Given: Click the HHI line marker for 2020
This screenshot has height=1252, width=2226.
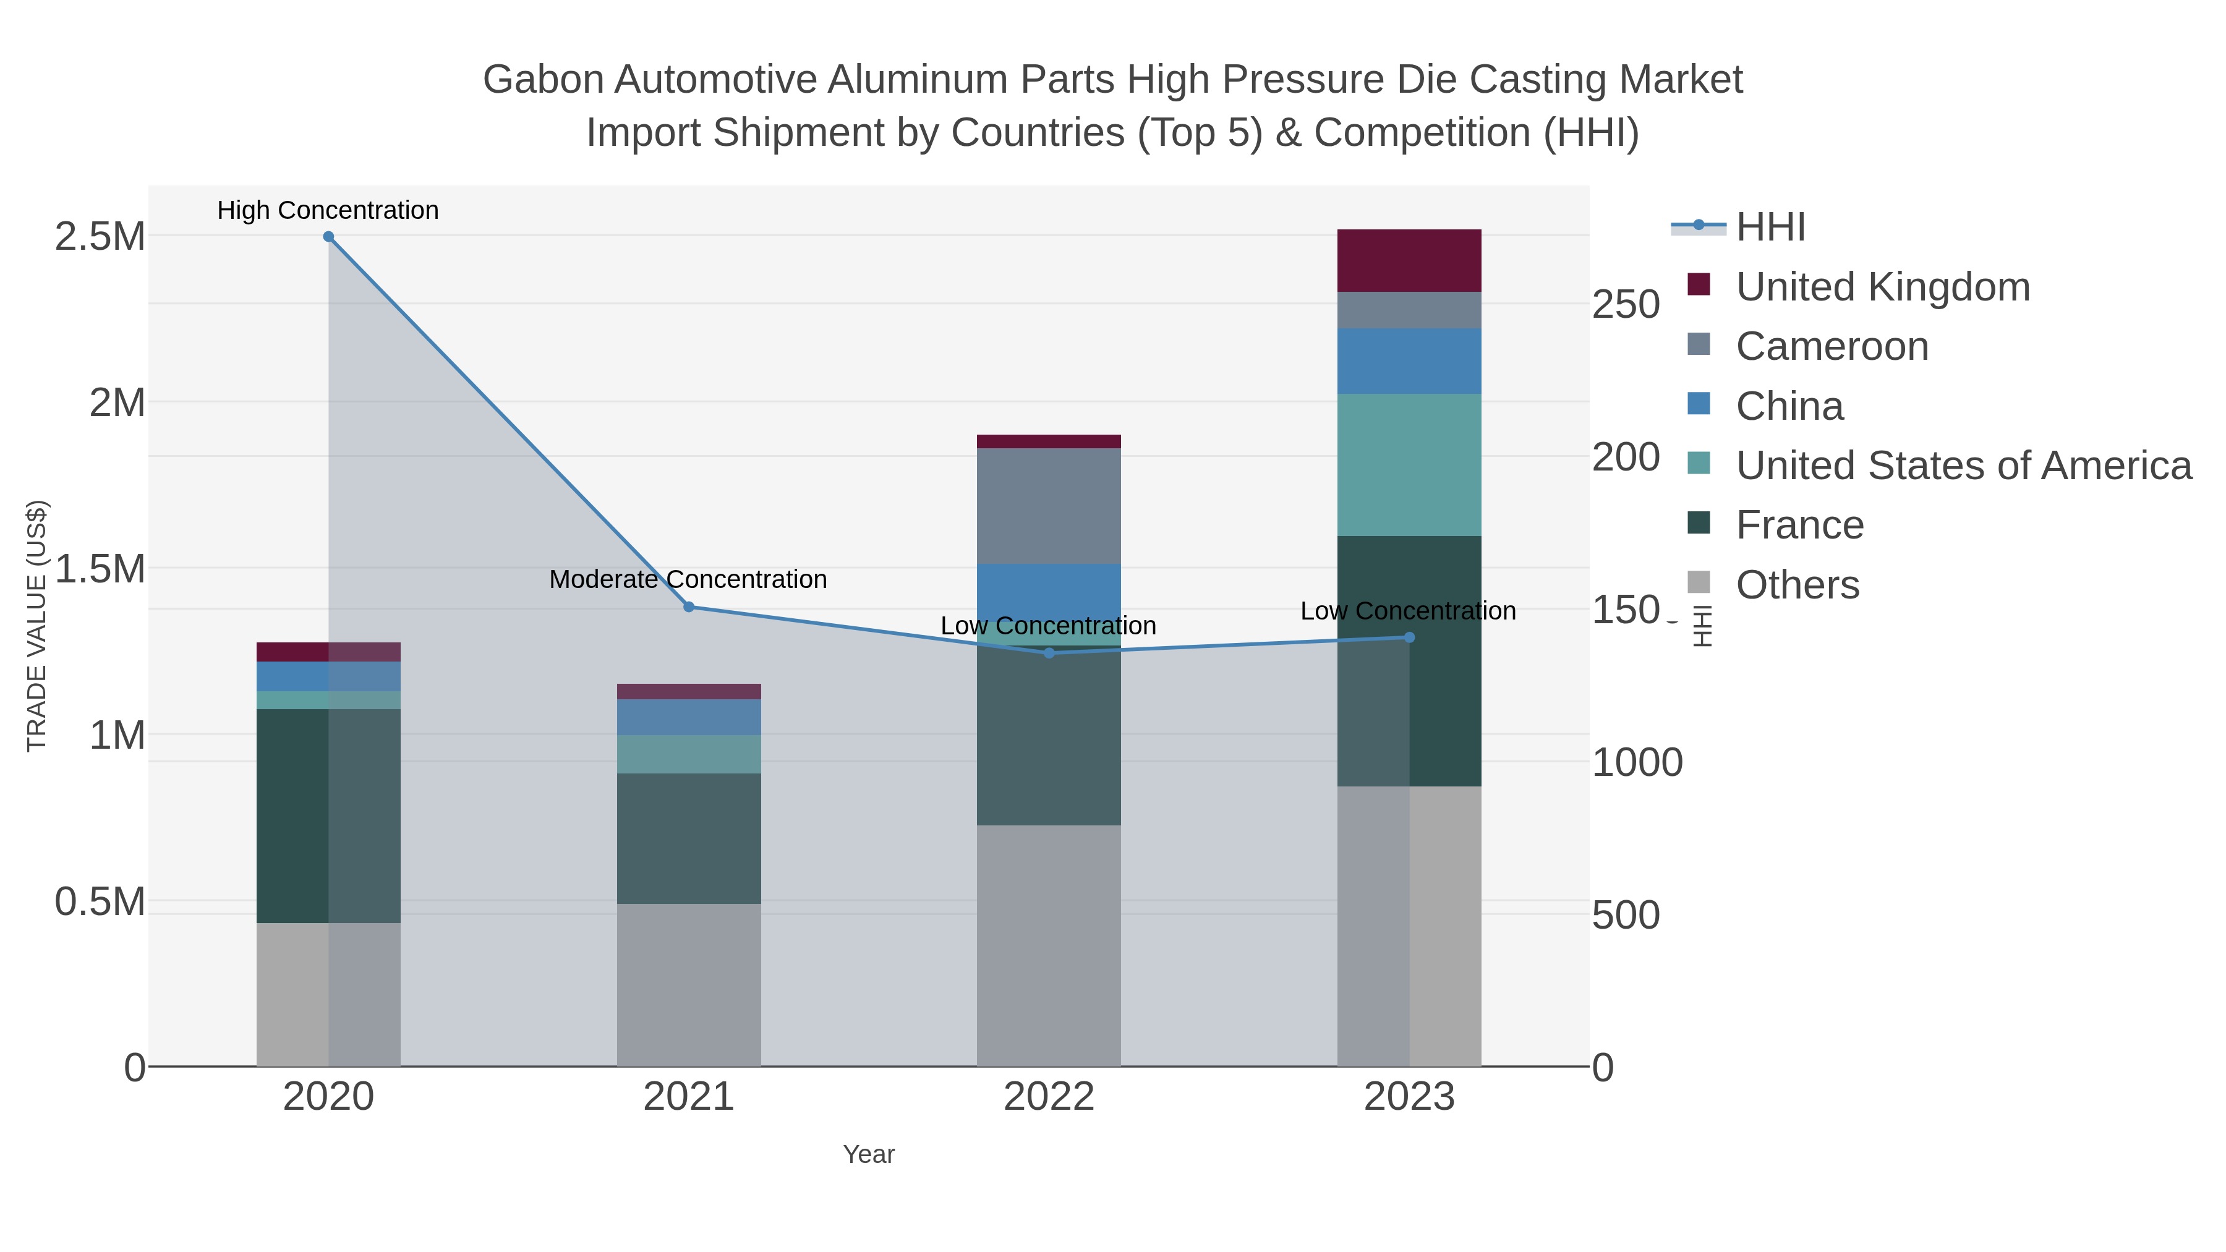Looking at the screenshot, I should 328,237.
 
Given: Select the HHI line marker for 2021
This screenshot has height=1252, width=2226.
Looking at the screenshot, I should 689,607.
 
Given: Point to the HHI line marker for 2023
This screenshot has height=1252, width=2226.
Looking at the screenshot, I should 1409,637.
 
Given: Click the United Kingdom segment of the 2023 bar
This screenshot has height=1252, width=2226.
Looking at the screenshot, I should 1409,260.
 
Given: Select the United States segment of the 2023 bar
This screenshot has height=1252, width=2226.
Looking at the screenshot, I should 1409,465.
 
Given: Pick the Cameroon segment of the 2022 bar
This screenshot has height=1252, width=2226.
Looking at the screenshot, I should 1049,506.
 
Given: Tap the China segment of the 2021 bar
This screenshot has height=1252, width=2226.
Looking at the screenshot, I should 689,717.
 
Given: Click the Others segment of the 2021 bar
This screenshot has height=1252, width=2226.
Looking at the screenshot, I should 689,985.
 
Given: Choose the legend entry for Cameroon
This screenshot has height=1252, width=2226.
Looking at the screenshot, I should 1832,346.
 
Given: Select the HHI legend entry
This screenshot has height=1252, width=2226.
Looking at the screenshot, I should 1770,228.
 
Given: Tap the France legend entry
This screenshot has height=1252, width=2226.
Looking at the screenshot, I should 1799,526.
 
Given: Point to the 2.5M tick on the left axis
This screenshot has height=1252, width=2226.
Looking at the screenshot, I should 100,237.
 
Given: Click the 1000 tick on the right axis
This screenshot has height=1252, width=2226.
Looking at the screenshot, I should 1637,762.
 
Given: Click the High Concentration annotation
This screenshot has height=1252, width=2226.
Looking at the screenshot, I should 328,210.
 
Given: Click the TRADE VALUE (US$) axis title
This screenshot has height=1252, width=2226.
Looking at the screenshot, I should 37,626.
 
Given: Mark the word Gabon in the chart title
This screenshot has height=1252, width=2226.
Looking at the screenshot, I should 544,80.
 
